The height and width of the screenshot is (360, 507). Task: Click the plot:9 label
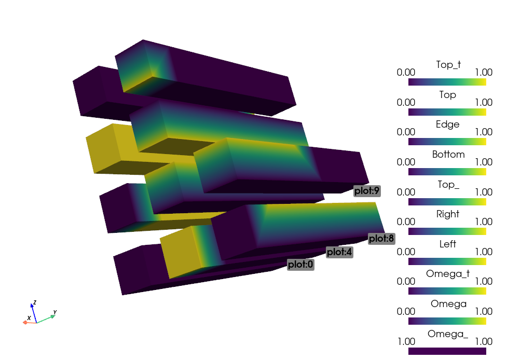tap(367, 191)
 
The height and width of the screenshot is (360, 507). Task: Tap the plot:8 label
tap(381, 239)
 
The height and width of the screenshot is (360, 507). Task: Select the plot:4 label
tap(339, 252)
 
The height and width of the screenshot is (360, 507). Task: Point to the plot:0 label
tap(300, 265)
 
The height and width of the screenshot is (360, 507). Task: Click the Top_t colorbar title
tap(448, 65)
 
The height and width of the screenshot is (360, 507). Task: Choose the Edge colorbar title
tap(447, 124)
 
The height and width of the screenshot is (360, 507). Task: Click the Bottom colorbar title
tap(448, 155)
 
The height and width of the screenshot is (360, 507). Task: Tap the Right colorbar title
tap(447, 214)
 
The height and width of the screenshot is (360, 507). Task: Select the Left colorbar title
tap(447, 244)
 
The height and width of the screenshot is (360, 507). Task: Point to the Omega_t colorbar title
tap(447, 274)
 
